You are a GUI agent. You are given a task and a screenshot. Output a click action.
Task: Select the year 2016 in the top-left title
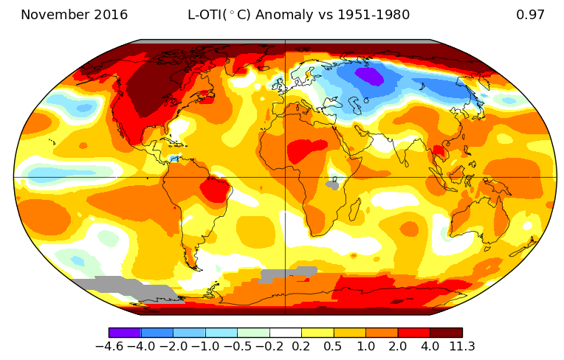click(x=109, y=15)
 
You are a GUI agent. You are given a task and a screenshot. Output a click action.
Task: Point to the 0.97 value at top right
click(x=530, y=15)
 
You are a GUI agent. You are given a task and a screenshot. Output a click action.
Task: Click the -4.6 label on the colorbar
click(x=109, y=347)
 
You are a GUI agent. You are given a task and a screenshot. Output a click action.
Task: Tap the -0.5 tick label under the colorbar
click(x=237, y=347)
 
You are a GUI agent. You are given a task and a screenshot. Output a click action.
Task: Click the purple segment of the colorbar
click(x=125, y=333)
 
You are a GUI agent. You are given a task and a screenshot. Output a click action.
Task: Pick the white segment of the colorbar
click(x=285, y=333)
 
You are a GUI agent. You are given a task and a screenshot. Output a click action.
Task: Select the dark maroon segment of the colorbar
click(x=446, y=333)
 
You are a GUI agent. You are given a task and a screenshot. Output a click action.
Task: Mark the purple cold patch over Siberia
click(x=369, y=75)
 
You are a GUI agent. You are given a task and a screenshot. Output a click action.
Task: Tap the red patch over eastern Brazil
click(x=215, y=190)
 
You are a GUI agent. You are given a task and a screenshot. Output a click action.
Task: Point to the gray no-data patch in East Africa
click(x=334, y=184)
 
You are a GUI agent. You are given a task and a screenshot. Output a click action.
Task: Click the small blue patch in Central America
click(x=173, y=158)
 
